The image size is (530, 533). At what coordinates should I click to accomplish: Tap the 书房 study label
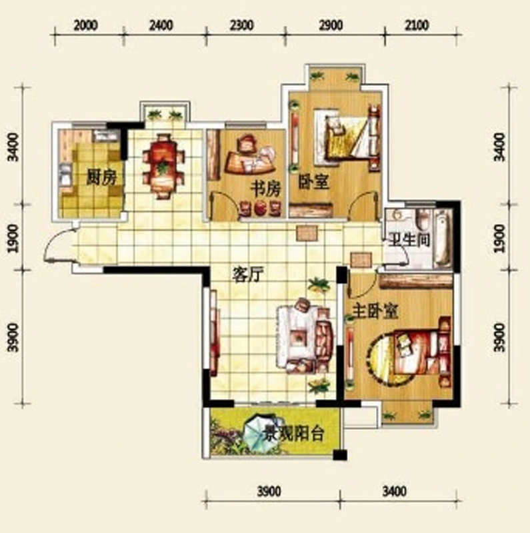pos(266,189)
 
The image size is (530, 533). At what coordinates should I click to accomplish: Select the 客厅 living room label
pos(248,274)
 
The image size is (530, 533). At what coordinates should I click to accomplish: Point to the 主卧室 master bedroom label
pos(375,311)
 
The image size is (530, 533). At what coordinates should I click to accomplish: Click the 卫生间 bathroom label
pos(409,240)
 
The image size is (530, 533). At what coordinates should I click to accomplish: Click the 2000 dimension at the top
pos(86,25)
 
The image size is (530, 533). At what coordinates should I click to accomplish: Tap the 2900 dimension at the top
pos(331,25)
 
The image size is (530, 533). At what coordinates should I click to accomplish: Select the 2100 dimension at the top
pos(417,25)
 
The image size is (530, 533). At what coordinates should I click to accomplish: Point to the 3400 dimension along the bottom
pos(394,492)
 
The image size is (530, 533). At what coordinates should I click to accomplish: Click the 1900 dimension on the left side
pos(13,238)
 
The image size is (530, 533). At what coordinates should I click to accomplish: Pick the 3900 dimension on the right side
pos(500,337)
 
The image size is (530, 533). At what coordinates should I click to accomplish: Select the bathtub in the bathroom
pos(443,237)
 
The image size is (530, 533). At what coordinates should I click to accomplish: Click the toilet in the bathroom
pos(423,219)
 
